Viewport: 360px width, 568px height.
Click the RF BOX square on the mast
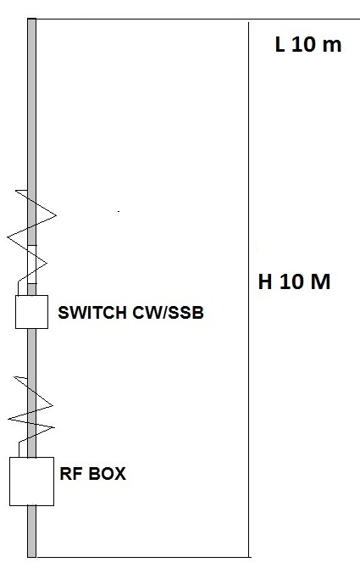click(32, 481)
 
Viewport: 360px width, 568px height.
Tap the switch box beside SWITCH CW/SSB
click(32, 312)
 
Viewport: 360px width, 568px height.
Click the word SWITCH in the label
click(92, 313)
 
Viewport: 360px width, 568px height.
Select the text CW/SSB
click(169, 313)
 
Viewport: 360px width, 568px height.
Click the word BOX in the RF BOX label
click(108, 474)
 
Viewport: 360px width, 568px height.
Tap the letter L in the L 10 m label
click(280, 45)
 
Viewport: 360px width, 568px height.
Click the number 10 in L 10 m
click(303, 45)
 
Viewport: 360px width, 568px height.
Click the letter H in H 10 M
click(265, 281)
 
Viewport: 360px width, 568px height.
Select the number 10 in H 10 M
click(291, 281)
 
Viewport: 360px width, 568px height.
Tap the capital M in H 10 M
click(320, 281)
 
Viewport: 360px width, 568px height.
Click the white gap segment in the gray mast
click(32, 265)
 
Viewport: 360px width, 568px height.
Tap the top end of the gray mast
click(32, 19)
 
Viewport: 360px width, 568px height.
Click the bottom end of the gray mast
click(32, 556)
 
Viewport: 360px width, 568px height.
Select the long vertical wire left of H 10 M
click(248, 290)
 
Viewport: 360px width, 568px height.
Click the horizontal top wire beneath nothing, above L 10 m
click(198, 19)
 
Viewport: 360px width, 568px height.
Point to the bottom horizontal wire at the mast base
click(142, 557)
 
